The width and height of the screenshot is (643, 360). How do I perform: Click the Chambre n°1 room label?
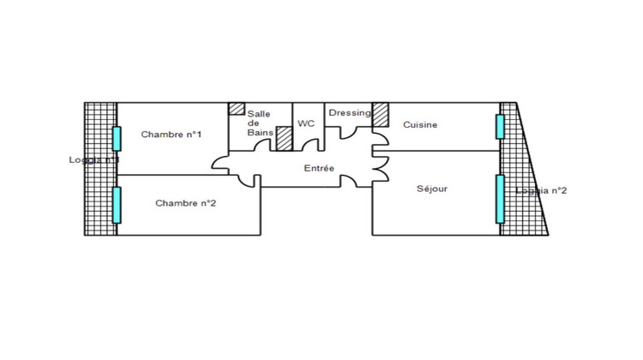[x=171, y=134]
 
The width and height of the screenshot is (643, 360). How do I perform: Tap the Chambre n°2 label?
[x=184, y=203]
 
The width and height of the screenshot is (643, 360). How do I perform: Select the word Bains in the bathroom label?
[x=259, y=133]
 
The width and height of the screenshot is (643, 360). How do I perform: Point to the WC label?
[x=307, y=123]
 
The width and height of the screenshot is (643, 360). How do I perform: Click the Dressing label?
[x=350, y=112]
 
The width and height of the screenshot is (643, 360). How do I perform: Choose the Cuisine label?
[x=420, y=124]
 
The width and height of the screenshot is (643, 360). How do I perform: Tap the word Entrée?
[x=319, y=168]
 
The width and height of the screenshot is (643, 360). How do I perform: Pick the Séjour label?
[x=432, y=189]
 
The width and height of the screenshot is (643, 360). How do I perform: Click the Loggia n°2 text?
[x=542, y=190]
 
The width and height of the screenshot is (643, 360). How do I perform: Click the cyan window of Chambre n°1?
[x=116, y=138]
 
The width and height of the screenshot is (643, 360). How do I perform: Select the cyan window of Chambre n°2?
[x=116, y=205]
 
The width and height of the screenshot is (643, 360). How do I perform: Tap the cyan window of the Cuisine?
[x=499, y=125]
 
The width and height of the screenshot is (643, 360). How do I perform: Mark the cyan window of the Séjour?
[x=499, y=199]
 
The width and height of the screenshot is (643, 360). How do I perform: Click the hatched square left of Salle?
[x=235, y=110]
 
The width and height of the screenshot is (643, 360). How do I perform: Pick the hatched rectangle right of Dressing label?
[x=380, y=114]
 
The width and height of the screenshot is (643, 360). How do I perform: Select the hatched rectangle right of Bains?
[x=285, y=139]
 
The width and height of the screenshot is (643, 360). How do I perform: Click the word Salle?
[x=259, y=114]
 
